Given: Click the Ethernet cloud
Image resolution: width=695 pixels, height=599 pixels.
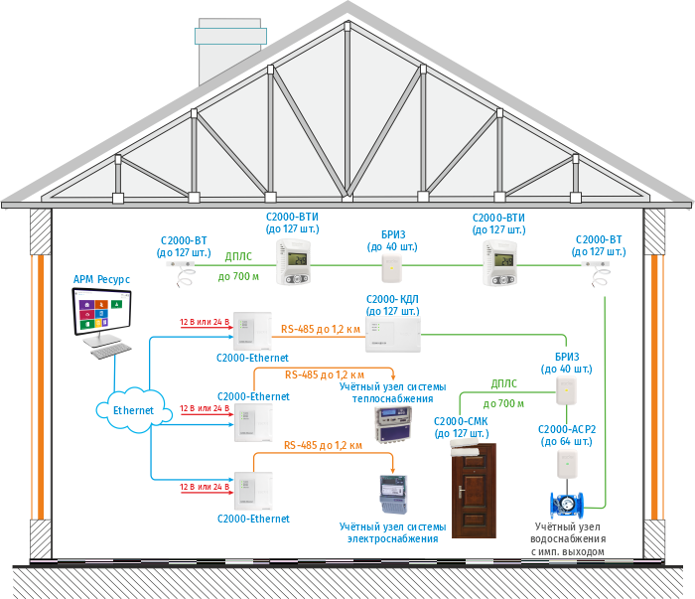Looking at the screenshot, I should (x=133, y=408).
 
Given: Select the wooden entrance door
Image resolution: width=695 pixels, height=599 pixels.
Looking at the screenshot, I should (x=474, y=491).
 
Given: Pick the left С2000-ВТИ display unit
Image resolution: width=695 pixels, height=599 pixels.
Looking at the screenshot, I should (x=295, y=262).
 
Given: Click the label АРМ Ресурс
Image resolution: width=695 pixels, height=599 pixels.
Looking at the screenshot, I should (x=101, y=280).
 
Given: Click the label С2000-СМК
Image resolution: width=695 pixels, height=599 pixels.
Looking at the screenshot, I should (x=462, y=421).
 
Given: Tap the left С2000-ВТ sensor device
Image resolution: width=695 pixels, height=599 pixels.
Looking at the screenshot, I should (x=183, y=267).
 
